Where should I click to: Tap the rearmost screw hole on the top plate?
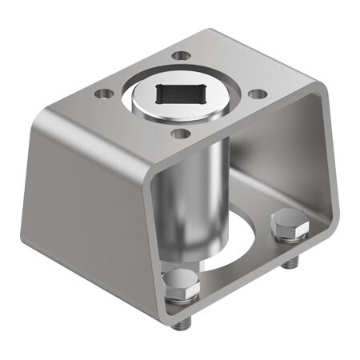tap(182, 55)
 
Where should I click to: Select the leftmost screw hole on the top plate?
tap(102, 94)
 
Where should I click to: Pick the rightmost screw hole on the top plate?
tap(257, 94)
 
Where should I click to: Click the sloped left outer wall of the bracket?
tap(88, 200)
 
